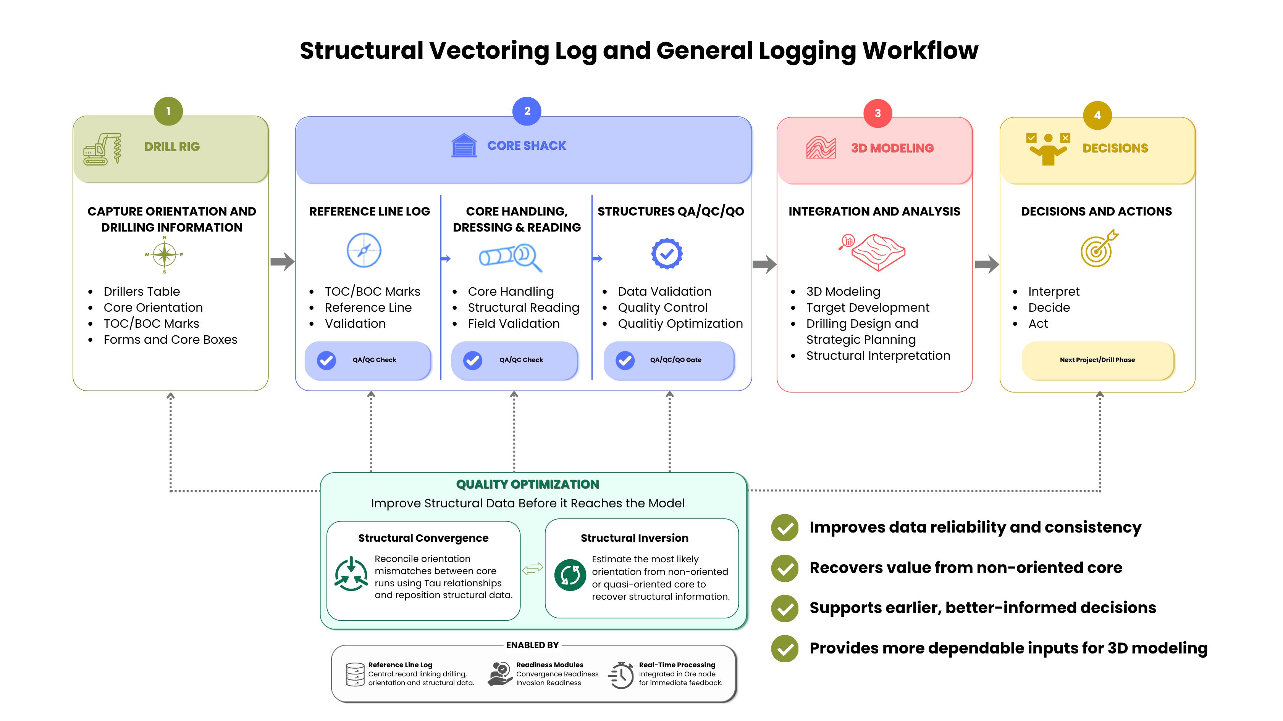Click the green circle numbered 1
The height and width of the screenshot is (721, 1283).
(168, 111)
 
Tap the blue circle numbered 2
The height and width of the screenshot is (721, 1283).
(527, 111)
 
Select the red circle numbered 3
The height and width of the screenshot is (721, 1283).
(877, 113)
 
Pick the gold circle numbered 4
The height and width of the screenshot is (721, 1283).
(1097, 115)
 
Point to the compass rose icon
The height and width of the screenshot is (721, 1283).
(164, 254)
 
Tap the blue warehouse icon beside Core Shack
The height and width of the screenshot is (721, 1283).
(464, 145)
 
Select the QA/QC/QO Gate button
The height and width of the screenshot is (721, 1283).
(669, 360)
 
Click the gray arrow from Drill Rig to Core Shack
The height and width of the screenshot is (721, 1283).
(283, 261)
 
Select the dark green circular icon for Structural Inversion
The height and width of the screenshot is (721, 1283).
(570, 575)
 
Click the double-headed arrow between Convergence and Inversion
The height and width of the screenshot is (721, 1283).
(532, 568)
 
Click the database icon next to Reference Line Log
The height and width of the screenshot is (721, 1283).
(355, 674)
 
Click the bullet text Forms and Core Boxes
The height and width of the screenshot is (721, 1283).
(170, 340)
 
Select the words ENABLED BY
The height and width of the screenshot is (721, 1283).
(532, 645)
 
